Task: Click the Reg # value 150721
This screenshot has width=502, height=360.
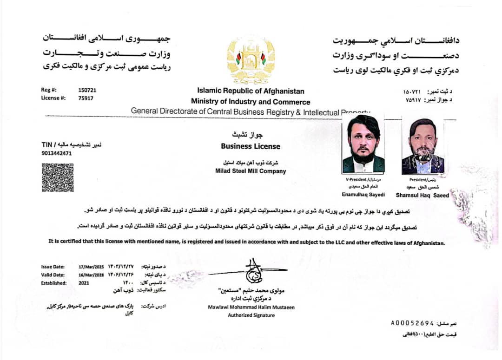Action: (87, 90)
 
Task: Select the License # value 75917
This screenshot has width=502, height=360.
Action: (86, 98)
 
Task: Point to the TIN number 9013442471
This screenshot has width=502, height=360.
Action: (57, 153)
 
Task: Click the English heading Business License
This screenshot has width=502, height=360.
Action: (251, 146)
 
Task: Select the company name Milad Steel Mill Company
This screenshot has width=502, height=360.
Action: (251, 171)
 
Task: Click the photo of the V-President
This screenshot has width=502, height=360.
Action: (363, 144)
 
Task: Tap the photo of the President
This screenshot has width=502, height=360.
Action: (423, 146)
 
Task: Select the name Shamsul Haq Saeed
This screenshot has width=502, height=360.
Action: (423, 196)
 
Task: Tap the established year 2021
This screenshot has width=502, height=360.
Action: (84, 282)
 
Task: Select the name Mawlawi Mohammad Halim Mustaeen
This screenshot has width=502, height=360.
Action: (251, 307)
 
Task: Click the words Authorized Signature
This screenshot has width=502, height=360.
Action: (251, 315)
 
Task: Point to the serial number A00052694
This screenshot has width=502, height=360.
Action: (412, 322)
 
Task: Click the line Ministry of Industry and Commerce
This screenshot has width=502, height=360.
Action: (251, 102)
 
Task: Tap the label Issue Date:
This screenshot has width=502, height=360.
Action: (53, 267)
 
